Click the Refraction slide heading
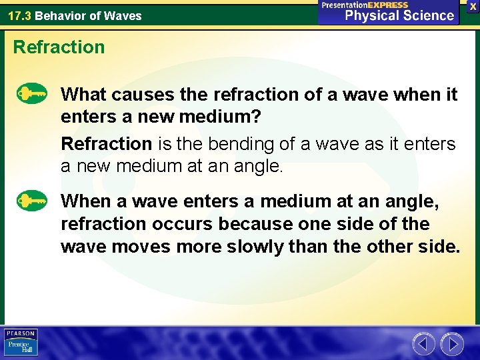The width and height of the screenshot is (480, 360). pos(59,47)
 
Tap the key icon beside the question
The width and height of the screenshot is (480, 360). pos(32,93)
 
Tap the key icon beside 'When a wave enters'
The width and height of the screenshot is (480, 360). pos(32,200)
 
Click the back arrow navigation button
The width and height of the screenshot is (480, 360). pos(424,344)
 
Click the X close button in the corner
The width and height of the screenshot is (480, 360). pos(473,6)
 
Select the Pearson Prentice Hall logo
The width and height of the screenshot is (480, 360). pos(21,342)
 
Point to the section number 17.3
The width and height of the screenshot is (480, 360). pos(19,15)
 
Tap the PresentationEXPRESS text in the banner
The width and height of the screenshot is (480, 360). pos(365,5)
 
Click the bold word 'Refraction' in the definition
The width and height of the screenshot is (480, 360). pos(107,143)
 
